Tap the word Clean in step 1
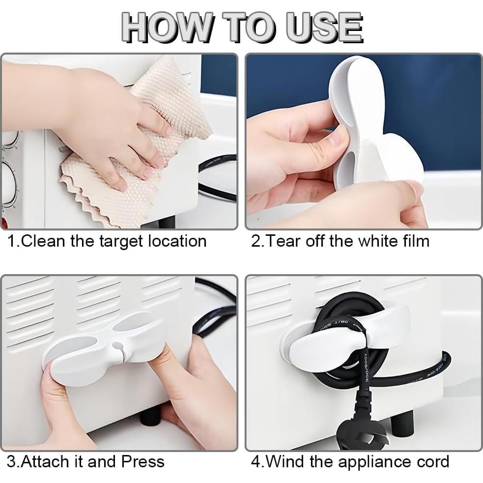point(44,241)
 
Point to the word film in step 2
point(415,241)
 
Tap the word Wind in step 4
point(284,462)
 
